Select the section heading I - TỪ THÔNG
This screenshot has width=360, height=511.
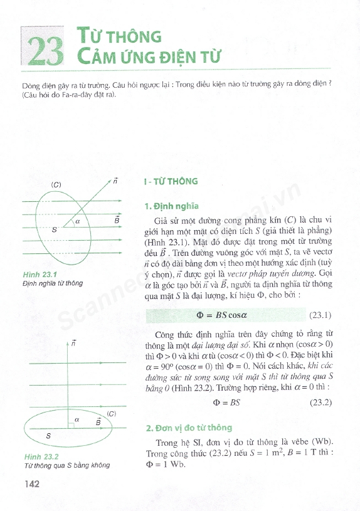click(171, 182)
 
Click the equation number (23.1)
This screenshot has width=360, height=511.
click(320, 315)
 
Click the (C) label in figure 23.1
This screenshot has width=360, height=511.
click(56, 185)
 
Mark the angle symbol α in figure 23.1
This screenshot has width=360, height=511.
click(78, 221)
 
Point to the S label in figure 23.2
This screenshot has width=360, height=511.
click(48, 435)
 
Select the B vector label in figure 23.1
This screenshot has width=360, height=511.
click(117, 220)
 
